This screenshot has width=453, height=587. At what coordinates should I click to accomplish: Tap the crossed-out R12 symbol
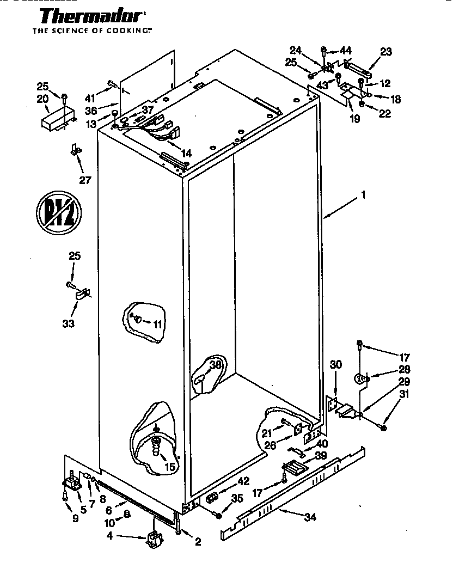pyautogui.click(x=58, y=209)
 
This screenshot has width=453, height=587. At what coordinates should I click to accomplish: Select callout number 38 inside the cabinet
pyautogui.click(x=216, y=365)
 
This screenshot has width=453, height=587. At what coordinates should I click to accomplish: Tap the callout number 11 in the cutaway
pyautogui.click(x=157, y=324)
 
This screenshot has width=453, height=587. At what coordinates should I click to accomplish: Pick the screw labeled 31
pyautogui.click(x=383, y=428)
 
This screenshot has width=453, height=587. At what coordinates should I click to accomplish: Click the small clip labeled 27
pyautogui.click(x=75, y=149)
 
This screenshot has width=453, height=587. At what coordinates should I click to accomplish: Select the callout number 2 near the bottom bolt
pyautogui.click(x=198, y=541)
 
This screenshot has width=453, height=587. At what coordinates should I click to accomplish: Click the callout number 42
pyautogui.click(x=243, y=481)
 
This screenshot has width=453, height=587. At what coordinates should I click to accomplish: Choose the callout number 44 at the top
pyautogui.click(x=345, y=51)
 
